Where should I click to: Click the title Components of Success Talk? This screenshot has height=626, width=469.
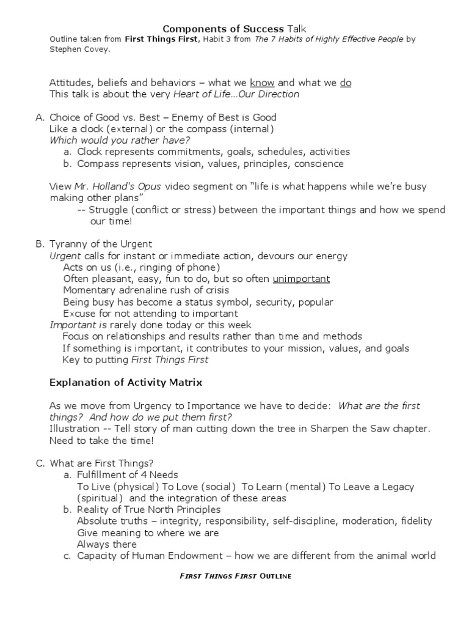pyautogui.click(x=234, y=29)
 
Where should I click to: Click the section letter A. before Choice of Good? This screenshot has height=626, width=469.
pyautogui.click(x=40, y=117)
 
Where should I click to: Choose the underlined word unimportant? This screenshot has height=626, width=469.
pyautogui.click(x=301, y=279)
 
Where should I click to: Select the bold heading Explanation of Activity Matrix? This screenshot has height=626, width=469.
pyautogui.click(x=125, y=383)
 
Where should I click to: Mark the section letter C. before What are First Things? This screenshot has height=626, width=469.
pyautogui.click(x=40, y=463)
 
